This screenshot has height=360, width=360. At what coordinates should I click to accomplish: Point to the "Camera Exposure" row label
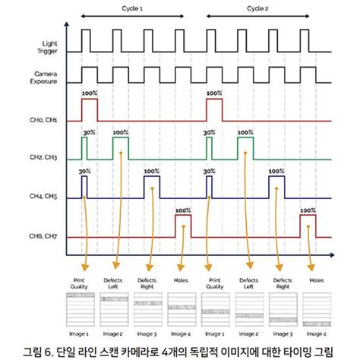click(x=43, y=78)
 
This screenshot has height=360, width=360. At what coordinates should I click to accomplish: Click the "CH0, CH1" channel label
click(x=41, y=120)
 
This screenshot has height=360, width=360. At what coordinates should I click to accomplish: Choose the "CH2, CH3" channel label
click(x=41, y=158)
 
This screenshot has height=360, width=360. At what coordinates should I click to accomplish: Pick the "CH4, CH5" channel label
click(x=41, y=197)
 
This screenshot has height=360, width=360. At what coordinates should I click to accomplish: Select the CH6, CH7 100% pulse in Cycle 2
click(x=307, y=226)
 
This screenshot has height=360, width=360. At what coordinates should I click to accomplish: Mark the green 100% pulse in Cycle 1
click(x=121, y=148)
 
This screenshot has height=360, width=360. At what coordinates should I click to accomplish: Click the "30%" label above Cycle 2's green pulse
click(x=209, y=131)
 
